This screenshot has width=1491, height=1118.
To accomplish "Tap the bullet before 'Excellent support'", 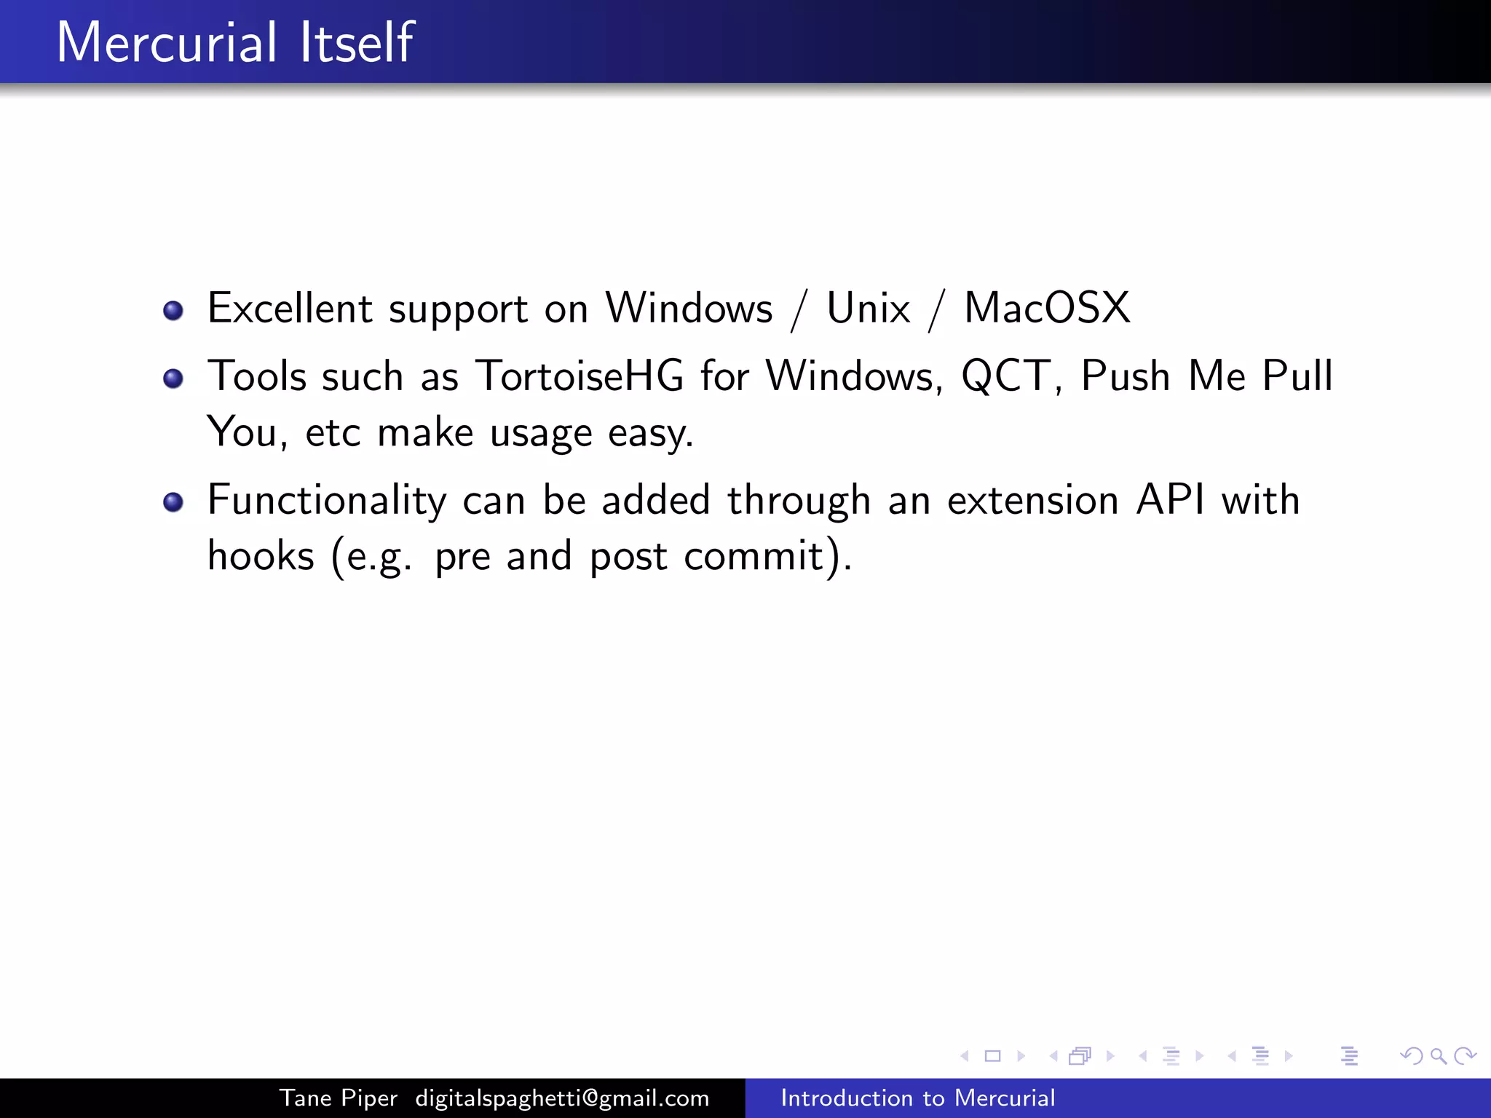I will click(173, 311).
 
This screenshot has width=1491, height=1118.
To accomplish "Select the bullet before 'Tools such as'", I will click(173, 378).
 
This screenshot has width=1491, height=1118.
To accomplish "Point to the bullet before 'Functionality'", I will click(173, 502).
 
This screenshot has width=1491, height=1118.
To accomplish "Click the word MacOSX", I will click(1047, 308).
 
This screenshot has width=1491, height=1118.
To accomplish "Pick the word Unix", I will click(868, 308).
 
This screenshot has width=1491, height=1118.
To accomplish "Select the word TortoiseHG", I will click(580, 376).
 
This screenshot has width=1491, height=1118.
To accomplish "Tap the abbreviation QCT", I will click(1005, 376).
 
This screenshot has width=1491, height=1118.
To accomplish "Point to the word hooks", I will click(261, 556).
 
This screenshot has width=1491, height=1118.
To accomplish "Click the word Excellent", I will click(290, 308).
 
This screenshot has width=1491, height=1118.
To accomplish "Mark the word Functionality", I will click(327, 500).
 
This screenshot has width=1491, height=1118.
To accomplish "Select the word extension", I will click(1032, 500).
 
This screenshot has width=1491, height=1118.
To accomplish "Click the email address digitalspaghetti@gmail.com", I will click(562, 1098).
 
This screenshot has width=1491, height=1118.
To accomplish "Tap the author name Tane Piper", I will click(339, 1098).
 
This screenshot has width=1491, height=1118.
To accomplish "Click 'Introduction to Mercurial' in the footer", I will click(917, 1098).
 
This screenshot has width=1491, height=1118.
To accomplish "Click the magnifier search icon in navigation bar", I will click(1438, 1056).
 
